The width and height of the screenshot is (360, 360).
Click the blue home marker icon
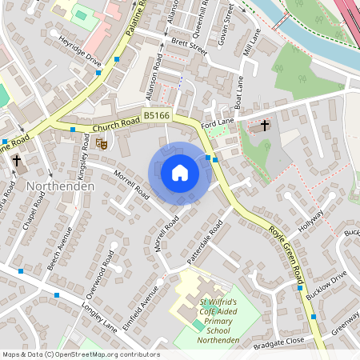[180, 172]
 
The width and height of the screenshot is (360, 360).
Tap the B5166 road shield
[156, 117]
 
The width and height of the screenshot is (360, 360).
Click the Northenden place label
[61, 186]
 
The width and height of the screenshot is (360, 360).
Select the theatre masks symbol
[102, 143]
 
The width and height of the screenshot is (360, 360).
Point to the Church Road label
[116, 126]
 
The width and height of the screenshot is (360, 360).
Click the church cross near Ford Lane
[265, 126]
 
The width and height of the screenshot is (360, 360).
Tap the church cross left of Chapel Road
[16, 161]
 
